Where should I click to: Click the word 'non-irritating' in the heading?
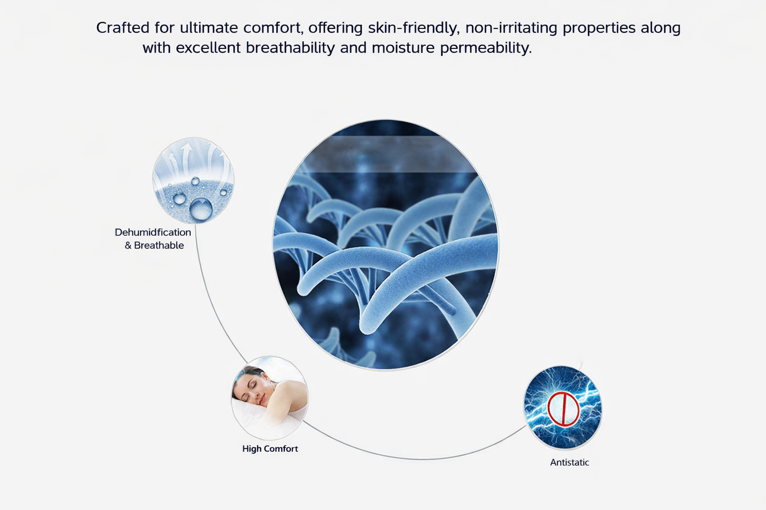[x=511, y=28]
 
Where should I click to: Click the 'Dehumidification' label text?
[x=153, y=233]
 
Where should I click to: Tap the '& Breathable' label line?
[x=154, y=246]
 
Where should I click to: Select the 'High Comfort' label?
[x=270, y=449]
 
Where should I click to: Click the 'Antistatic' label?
[x=570, y=463]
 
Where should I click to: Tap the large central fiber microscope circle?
[x=385, y=259]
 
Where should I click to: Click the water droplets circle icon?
[x=193, y=180]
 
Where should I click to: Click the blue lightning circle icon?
[x=563, y=407]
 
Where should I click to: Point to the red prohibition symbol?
[x=563, y=409]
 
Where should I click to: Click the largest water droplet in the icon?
[x=201, y=209]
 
